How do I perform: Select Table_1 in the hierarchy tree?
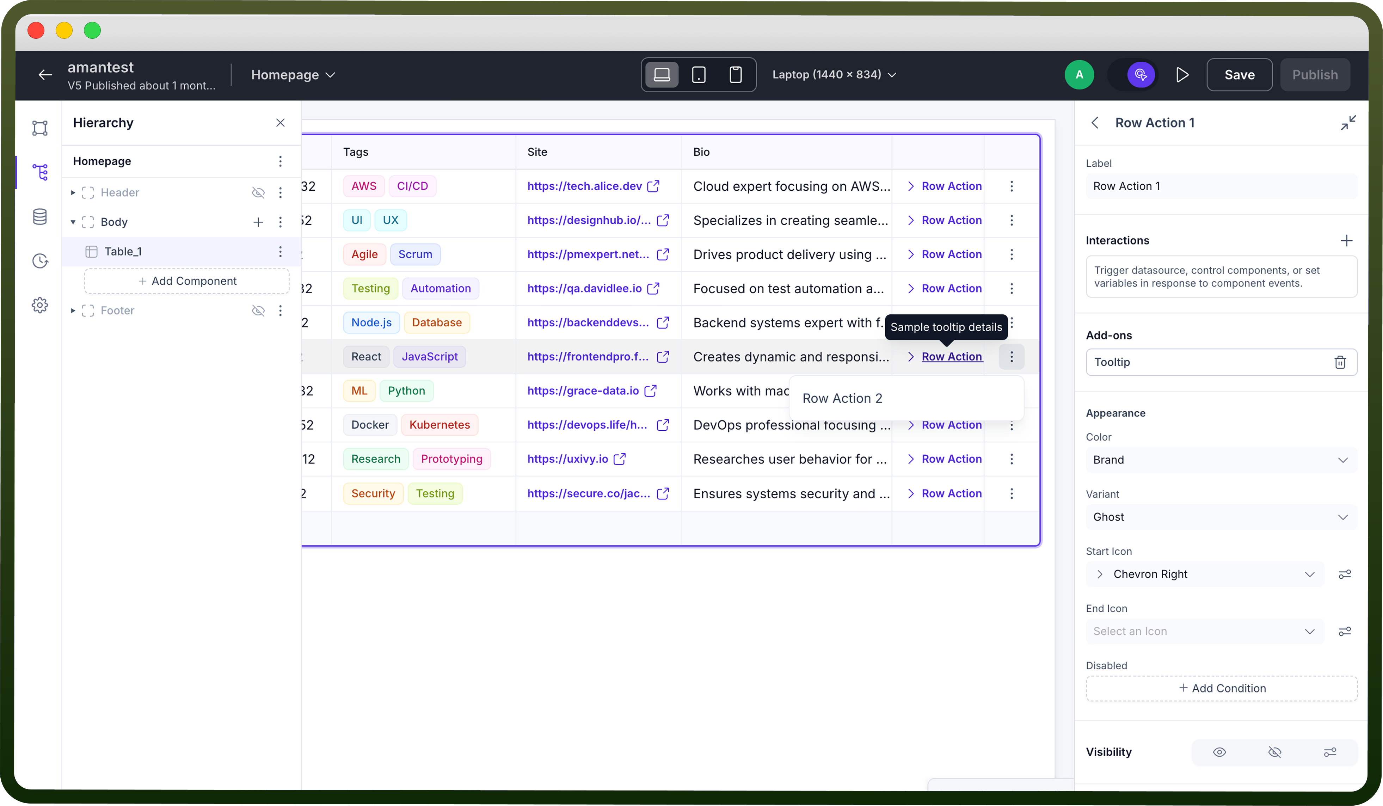[123, 251]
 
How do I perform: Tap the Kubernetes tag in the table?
[440, 425]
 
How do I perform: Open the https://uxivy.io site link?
[567, 459]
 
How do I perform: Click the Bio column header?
[701, 152]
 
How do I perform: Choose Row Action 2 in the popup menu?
[842, 398]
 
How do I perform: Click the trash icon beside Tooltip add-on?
[1340, 362]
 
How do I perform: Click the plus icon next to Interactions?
[1346, 240]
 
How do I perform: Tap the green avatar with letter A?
[1079, 75]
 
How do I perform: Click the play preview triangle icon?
[1182, 75]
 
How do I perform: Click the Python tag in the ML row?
[406, 390]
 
